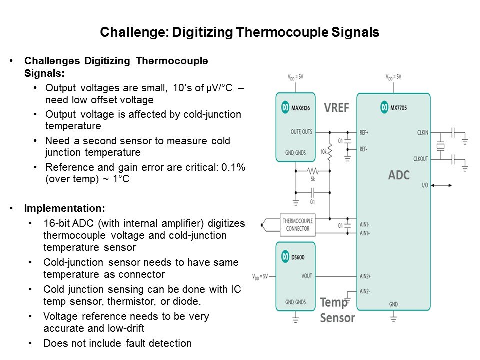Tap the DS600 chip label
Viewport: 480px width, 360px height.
[298, 256]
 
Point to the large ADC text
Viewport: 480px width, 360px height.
[399, 175]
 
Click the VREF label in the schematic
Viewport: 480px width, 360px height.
[336, 108]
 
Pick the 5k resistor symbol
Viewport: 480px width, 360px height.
[313, 170]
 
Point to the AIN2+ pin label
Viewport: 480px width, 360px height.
[366, 276]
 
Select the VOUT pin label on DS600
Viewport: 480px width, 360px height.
[307, 276]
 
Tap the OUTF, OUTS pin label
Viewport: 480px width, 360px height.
[301, 132]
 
